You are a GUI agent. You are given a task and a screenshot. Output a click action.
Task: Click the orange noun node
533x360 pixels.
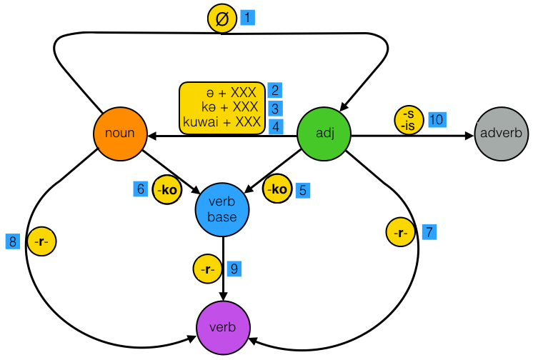120,134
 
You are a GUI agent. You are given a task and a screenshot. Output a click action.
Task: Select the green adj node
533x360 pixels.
324,134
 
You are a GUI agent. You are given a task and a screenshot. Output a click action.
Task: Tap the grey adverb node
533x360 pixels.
502,134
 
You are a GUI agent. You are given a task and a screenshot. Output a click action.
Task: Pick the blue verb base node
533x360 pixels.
223,207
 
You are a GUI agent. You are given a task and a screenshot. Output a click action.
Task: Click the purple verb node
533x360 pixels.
224,328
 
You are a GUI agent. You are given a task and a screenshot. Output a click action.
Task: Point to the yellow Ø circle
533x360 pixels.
221,18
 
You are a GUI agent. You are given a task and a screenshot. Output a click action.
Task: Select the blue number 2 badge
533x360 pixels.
275,91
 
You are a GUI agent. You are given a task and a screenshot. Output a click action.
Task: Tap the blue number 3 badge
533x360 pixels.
275,108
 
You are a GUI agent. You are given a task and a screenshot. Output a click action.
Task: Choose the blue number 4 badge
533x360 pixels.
275,125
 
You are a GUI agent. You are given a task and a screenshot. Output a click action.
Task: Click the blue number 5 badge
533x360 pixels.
303,190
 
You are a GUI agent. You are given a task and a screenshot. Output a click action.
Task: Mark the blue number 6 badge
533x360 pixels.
141,190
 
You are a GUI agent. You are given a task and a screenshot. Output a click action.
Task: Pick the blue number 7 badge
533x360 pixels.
428,232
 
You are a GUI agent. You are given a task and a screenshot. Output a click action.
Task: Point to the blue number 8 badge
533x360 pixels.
13,242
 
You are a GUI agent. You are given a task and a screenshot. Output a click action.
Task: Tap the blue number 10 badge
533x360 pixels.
437,119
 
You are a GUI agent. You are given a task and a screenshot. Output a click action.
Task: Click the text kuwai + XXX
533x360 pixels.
222,122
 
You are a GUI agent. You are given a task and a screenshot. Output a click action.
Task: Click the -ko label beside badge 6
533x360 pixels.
167,190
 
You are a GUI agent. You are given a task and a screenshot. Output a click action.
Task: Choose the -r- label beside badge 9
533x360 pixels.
207,269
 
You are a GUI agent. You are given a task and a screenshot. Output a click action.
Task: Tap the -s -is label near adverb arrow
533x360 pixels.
409,120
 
